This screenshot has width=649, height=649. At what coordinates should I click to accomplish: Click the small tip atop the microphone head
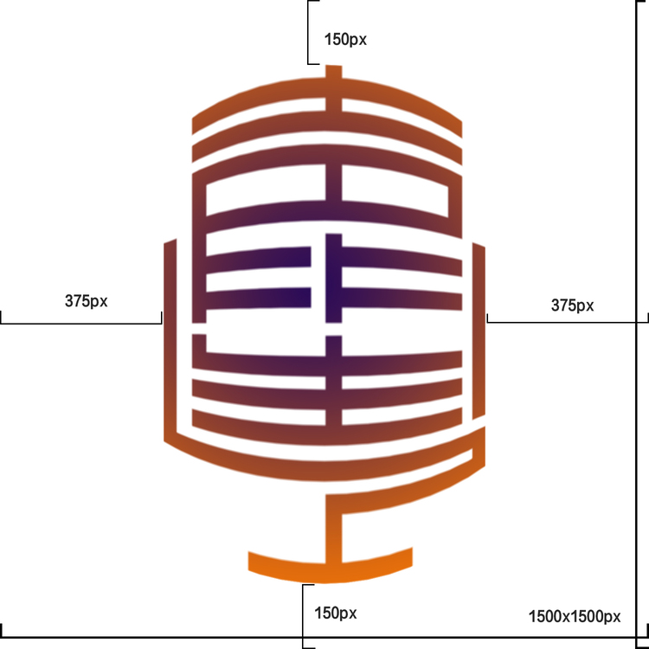point(333,76)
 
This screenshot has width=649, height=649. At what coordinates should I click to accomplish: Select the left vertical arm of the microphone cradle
point(170,337)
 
